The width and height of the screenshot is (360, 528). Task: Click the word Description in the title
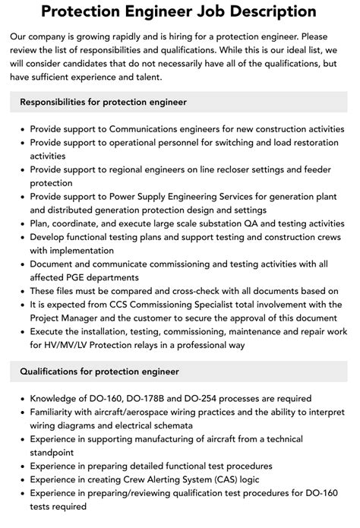268,13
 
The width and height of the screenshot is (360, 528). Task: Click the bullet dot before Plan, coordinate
22,224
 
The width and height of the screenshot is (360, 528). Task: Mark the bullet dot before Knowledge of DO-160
22,398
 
